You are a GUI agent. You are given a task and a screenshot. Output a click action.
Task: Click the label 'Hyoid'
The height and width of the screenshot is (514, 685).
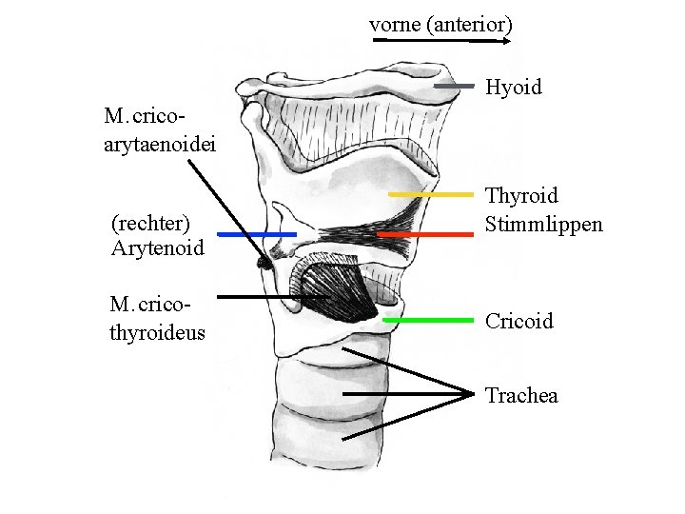click(x=513, y=88)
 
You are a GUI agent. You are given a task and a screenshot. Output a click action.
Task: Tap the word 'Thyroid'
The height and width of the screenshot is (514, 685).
click(x=521, y=196)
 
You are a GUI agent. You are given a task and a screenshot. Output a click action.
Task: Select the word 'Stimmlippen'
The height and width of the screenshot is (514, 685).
click(x=543, y=225)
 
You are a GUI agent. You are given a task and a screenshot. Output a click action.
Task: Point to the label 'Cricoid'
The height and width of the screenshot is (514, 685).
click(x=519, y=321)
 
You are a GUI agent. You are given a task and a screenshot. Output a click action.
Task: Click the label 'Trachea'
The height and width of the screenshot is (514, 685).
click(x=521, y=395)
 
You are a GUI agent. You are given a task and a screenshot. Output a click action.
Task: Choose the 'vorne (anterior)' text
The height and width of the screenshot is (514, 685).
click(x=440, y=25)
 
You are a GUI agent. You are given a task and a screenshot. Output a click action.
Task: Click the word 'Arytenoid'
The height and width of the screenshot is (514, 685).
click(x=157, y=248)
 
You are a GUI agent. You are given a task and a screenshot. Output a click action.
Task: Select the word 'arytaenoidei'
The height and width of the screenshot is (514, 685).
click(x=161, y=144)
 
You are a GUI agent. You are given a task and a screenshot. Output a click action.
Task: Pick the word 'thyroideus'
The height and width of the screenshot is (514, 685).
click(x=157, y=332)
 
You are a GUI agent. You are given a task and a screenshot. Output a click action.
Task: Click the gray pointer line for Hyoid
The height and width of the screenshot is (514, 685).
click(x=454, y=87)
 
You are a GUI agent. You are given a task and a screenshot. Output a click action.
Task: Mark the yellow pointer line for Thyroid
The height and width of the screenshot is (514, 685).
click(x=431, y=194)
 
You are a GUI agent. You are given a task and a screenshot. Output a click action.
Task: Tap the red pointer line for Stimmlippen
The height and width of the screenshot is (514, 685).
click(x=425, y=233)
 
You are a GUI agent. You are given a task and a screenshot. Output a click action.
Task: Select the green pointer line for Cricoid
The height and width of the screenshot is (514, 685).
click(x=428, y=320)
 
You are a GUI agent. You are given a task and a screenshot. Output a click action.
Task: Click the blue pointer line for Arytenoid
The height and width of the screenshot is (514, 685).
click(x=257, y=233)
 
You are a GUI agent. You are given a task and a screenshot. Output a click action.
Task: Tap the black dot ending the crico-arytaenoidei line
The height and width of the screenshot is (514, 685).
click(x=262, y=261)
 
